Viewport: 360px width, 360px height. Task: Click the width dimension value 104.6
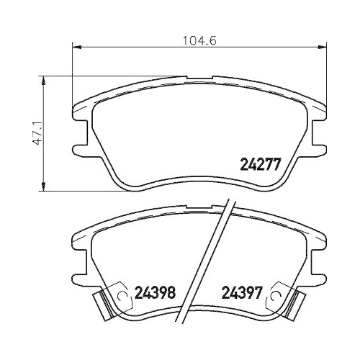[x=194, y=41]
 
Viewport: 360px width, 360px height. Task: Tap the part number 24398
[x=156, y=294]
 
